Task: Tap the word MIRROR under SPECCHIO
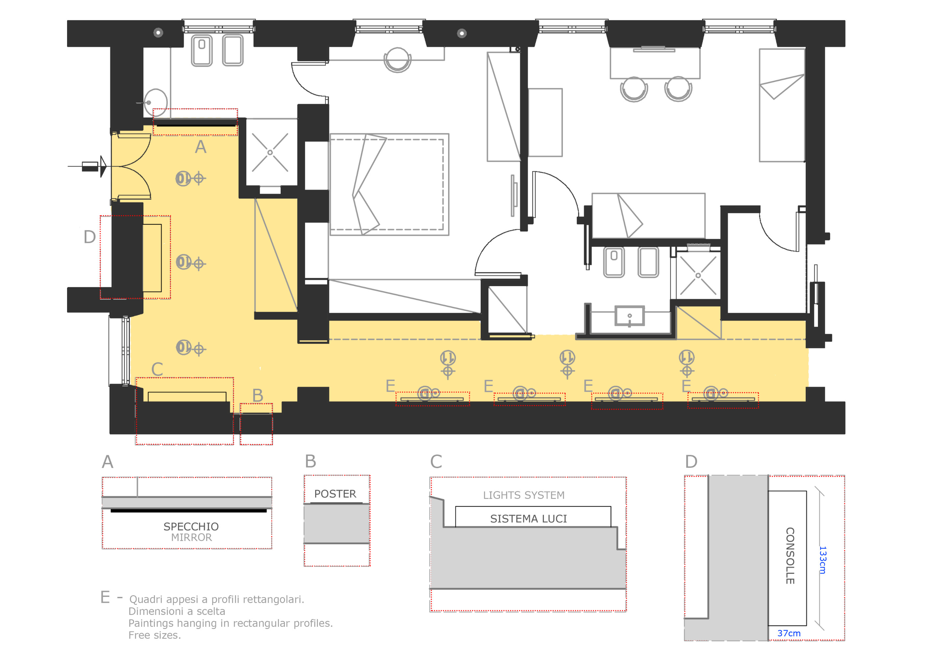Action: pyautogui.click(x=191, y=537)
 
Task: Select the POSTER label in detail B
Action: pyautogui.click(x=335, y=494)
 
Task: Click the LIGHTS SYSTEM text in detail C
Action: pyautogui.click(x=524, y=495)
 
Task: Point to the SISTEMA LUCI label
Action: pyautogui.click(x=528, y=519)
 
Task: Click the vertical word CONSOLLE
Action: pyautogui.click(x=790, y=555)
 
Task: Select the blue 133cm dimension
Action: pyautogui.click(x=822, y=560)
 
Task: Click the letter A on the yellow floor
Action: pyautogui.click(x=201, y=147)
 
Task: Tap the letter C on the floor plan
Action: pyautogui.click(x=157, y=369)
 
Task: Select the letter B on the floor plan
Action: pyautogui.click(x=258, y=396)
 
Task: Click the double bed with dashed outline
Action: pyautogui.click(x=389, y=185)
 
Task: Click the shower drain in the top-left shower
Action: pyautogui.click(x=270, y=153)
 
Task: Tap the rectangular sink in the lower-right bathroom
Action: pyautogui.click(x=630, y=316)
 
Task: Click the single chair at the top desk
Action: pyautogui.click(x=397, y=60)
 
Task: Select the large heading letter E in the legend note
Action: pyautogui.click(x=105, y=597)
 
